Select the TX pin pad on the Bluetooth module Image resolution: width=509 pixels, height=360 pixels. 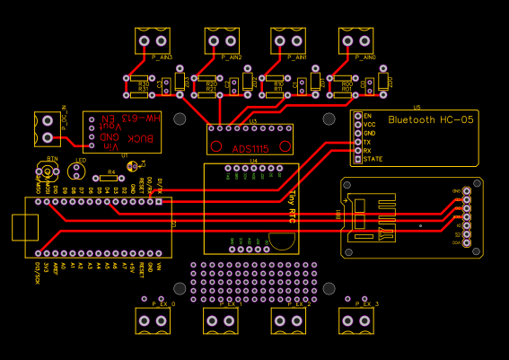coord(358,142)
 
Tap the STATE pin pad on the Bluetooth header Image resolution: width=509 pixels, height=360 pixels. coord(358,159)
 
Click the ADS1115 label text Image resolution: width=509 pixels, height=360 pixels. coord(249,148)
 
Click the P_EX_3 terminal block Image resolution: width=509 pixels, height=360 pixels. coord(356,320)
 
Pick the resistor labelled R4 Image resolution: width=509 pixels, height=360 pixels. coord(111,177)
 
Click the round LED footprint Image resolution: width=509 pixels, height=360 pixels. coord(81,172)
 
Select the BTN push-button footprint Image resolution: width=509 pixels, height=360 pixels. coord(51,173)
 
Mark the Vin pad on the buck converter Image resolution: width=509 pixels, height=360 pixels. coord(92,145)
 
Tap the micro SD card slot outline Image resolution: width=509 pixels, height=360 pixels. coord(373,218)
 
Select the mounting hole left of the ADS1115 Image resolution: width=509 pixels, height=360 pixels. coord(180,119)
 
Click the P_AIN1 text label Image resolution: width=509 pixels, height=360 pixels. coord(297,57)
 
